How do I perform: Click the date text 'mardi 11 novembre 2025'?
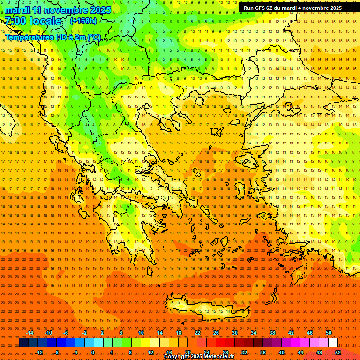pos(58,10)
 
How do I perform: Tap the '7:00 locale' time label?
pos(33,21)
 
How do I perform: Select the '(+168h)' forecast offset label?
pos(83,21)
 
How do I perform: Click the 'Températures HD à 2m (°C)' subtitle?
pos(52,37)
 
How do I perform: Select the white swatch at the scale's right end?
pos(333,343)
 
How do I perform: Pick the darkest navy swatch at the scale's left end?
pos(23,343)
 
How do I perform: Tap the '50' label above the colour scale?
pos(329,333)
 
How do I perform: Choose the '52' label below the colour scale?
pos(338,352)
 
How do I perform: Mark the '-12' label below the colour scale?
pos(39,352)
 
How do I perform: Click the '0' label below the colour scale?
pos(92,352)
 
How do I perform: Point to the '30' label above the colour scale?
pos(234,333)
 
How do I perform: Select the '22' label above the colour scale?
pos(197,333)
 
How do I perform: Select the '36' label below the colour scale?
pos(262,352)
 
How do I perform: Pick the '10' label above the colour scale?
pos(141,333)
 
